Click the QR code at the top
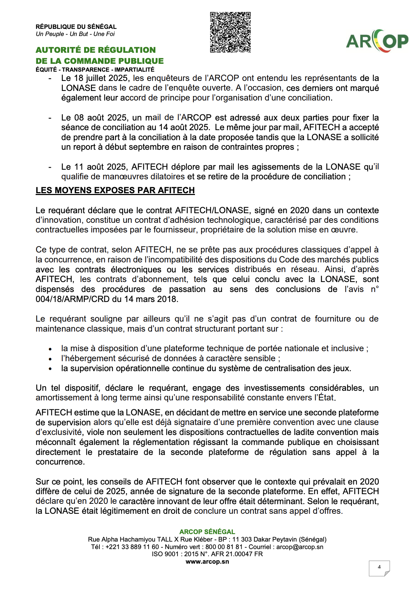tap(230, 32)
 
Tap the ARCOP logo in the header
tap(377, 41)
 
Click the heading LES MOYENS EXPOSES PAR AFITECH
tap(115, 190)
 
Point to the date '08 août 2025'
tap(101, 118)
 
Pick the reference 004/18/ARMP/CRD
tap(72, 299)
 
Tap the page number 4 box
tap(379, 567)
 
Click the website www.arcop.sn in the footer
tap(207, 562)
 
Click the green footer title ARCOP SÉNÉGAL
tap(207, 532)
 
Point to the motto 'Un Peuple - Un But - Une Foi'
tap(75, 34)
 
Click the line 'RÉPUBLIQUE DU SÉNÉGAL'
tap(76, 27)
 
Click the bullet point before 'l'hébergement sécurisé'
tap(50, 359)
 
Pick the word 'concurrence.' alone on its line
tap(60, 462)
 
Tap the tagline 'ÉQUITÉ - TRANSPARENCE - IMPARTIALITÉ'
tap(95, 70)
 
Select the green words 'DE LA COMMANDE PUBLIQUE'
tap(99, 61)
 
